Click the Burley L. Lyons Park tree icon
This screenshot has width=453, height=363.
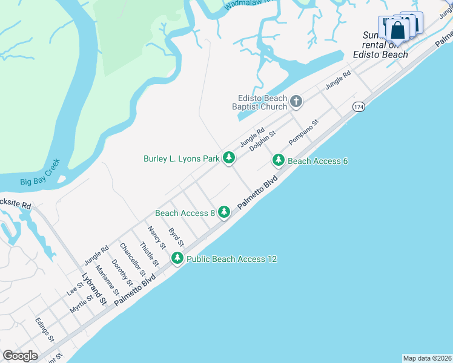pos(228,159)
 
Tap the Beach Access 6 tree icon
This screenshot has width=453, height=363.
pos(278,160)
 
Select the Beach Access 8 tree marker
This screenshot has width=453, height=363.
pos(224,212)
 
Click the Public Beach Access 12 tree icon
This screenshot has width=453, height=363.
pos(177,258)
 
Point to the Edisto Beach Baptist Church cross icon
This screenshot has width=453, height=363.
pos(296,101)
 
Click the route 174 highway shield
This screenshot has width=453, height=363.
pos(359,106)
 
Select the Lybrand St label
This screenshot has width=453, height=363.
pos(94,289)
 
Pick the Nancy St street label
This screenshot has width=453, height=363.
pos(157,237)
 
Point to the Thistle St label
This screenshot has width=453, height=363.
pos(149,254)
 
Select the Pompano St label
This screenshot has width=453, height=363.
pos(303,132)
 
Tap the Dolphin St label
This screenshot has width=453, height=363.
pos(262,141)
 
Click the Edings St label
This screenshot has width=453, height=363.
pos(45,329)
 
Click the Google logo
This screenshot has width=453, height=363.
pos(20,356)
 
